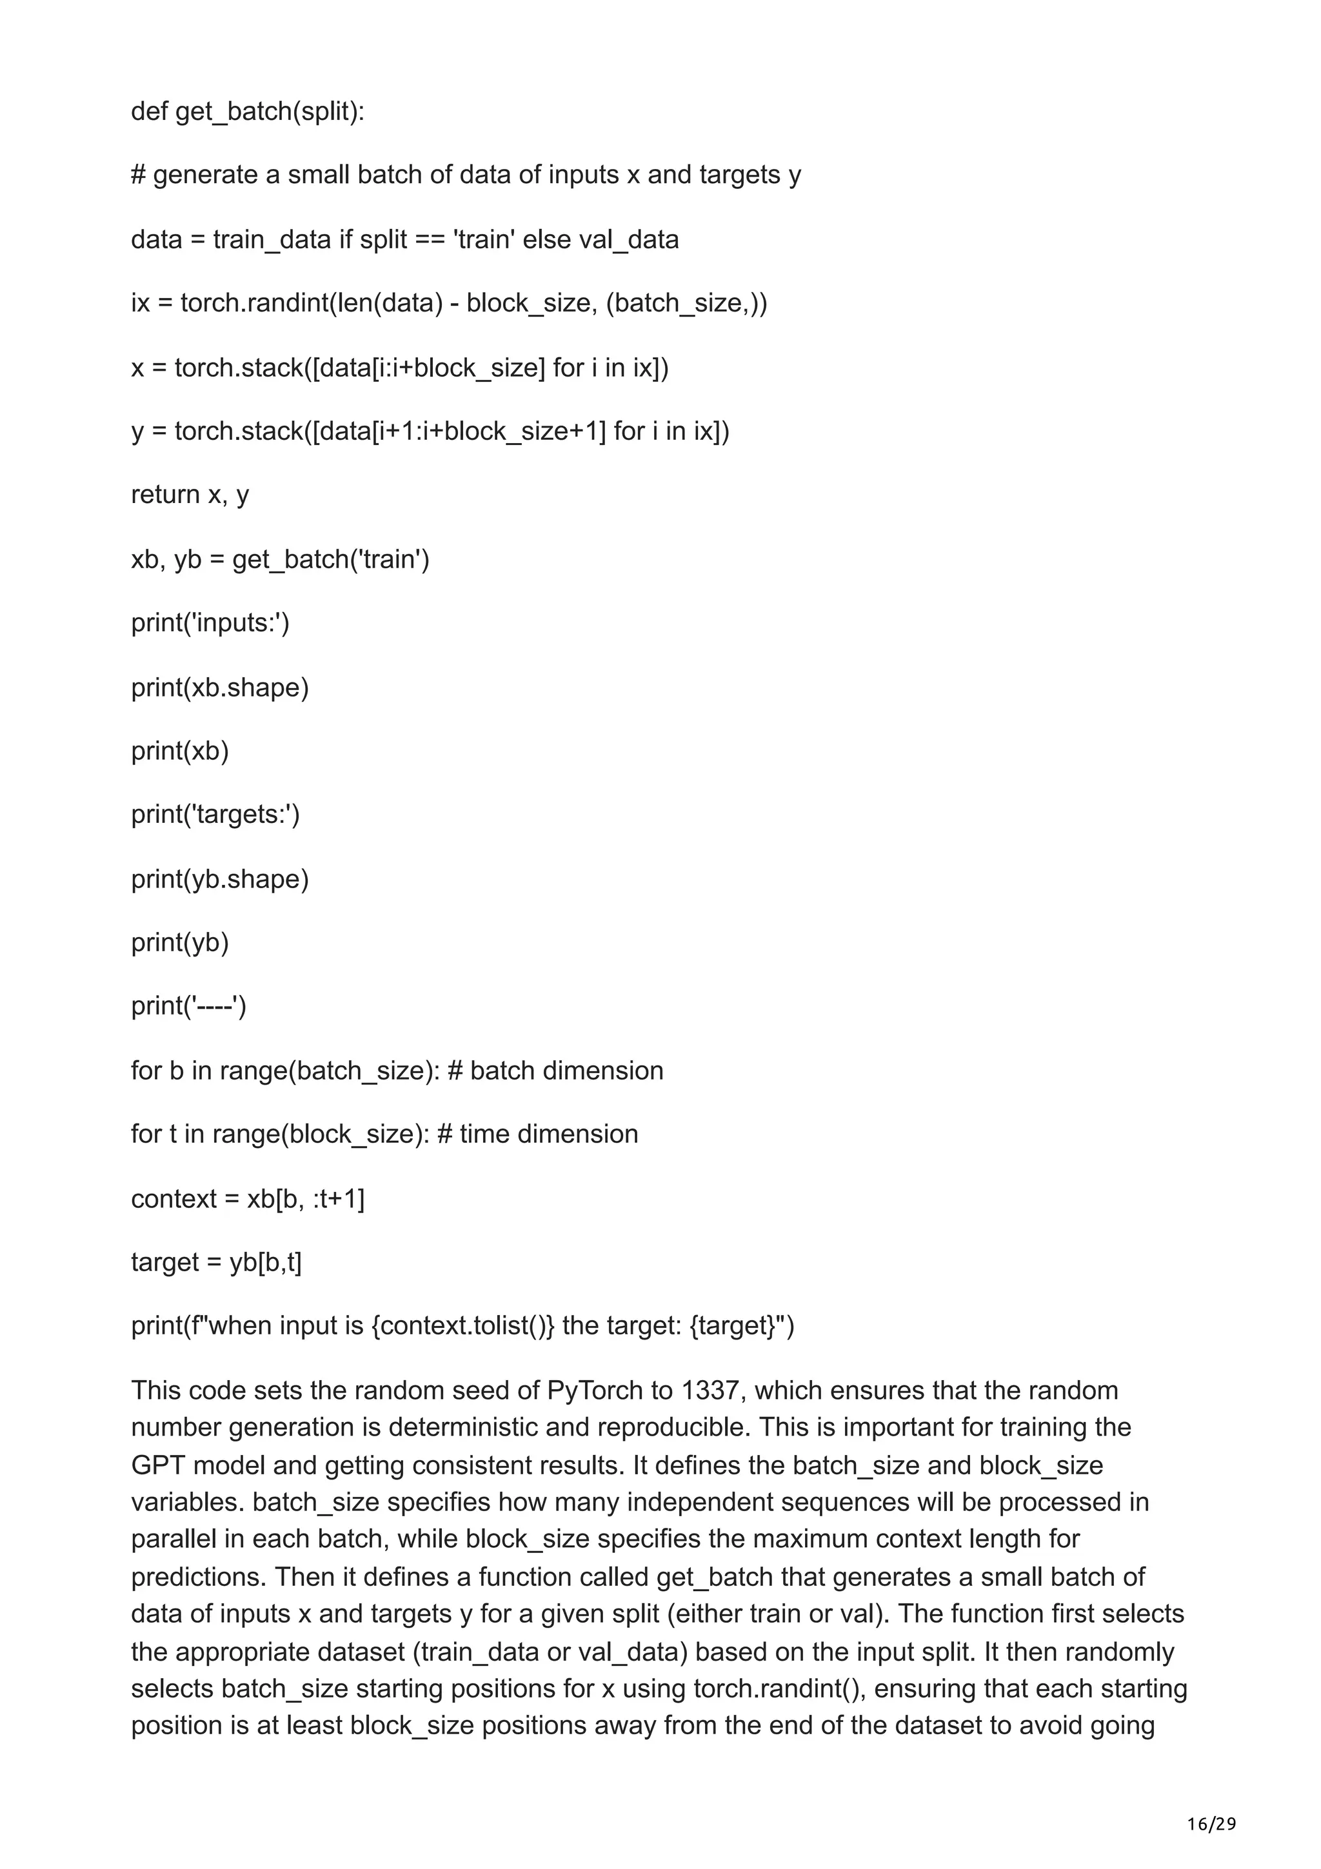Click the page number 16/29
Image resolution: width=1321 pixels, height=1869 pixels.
(1211, 1801)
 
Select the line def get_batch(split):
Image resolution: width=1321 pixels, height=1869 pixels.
(248, 111)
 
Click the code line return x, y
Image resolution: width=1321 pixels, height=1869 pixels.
(190, 495)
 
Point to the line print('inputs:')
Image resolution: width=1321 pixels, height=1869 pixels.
(210, 623)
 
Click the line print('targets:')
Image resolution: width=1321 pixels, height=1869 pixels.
(215, 814)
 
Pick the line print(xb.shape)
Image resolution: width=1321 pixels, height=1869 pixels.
(220, 688)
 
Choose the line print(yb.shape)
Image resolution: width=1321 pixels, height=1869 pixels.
(220, 879)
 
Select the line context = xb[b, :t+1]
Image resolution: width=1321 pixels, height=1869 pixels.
(248, 1198)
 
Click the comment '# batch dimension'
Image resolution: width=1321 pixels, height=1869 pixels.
(555, 1071)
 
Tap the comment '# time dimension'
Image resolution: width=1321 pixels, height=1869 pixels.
(537, 1134)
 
